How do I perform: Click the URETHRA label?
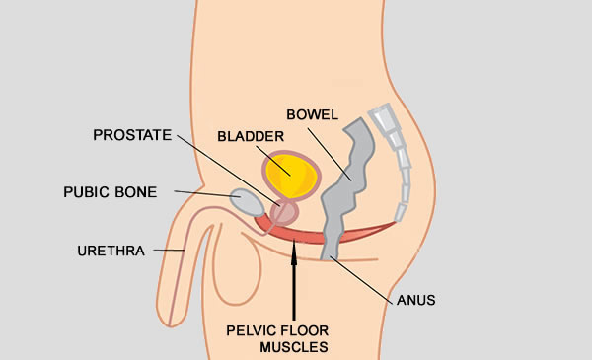coord(110,251)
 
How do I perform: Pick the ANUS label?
coord(415,299)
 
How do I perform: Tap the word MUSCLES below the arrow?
coord(294,346)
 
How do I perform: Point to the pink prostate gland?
coord(284,211)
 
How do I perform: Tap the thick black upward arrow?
coord(294,281)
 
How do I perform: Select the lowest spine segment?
coord(400,210)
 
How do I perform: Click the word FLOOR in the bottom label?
coord(301,328)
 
